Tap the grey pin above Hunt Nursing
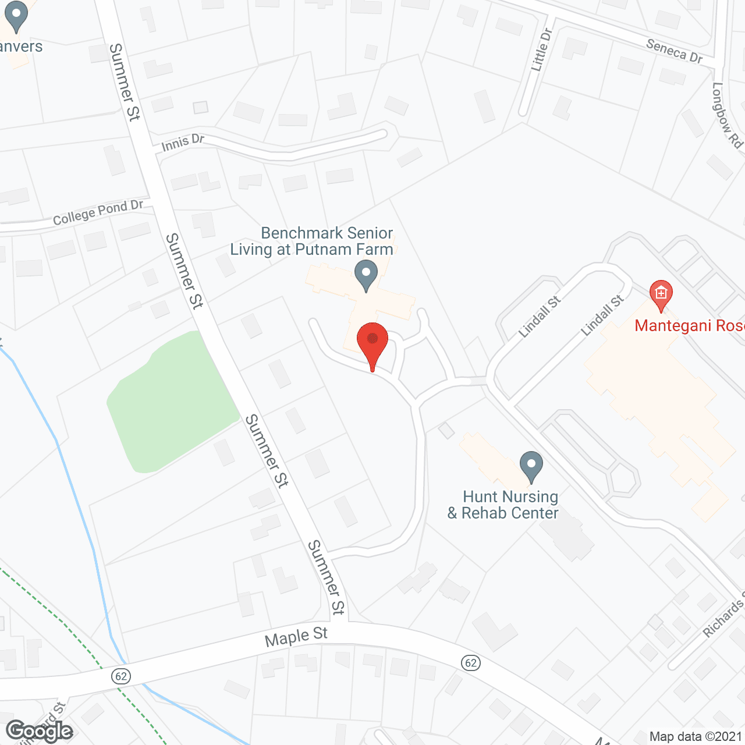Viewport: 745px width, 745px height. click(531, 467)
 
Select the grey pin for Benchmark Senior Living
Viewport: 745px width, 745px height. click(366, 275)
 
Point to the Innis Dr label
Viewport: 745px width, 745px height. click(183, 142)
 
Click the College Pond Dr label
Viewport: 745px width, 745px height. click(98, 212)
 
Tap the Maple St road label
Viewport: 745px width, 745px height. click(296, 637)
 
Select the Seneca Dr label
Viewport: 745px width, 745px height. click(675, 51)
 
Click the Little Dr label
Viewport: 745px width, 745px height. click(541, 51)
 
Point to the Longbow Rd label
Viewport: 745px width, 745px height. click(728, 115)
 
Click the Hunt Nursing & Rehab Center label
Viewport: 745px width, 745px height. click(503, 505)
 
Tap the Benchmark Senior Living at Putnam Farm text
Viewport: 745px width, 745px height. click(312, 241)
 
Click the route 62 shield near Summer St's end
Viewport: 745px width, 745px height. click(470, 663)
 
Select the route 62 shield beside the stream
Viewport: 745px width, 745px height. click(121, 676)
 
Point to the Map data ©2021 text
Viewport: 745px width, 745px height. click(696, 736)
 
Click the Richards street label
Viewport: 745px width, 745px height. click(723, 619)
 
